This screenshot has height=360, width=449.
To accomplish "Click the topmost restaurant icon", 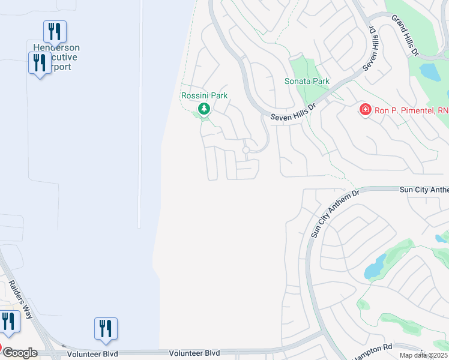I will (55, 31).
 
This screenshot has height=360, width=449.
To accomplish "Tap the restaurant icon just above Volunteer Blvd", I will (106, 328).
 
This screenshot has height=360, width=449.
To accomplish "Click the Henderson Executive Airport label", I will (56, 58).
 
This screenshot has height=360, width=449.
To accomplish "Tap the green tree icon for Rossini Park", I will (204, 109).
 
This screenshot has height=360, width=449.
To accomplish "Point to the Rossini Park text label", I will (204, 95).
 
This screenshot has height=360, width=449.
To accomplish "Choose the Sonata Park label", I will (307, 81).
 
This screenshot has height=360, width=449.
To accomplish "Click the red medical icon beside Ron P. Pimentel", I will (364, 110).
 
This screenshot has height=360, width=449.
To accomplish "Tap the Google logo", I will (20, 353).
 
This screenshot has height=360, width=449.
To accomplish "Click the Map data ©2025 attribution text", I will (424, 355).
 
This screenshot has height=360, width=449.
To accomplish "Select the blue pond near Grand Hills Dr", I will (430, 72).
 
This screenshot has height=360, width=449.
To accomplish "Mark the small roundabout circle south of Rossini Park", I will (246, 150).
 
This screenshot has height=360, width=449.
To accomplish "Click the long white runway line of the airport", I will (139, 114).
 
